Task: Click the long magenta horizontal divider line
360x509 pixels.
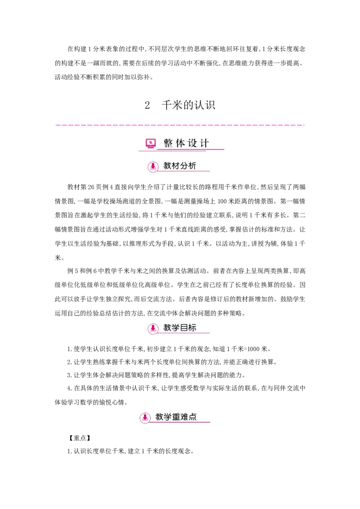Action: (180, 124)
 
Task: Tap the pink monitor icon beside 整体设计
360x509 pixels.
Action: (151, 143)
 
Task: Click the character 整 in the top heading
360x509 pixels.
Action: (168, 143)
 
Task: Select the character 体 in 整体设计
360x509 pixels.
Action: (180, 143)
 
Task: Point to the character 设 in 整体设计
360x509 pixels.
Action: (192, 143)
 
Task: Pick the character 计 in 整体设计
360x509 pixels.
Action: (204, 143)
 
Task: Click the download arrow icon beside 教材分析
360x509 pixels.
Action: (153, 166)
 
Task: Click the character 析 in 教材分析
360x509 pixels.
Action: (192, 166)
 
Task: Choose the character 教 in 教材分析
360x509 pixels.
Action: (167, 166)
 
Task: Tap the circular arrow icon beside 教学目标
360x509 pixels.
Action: (153, 328)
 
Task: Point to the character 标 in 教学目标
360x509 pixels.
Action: (192, 328)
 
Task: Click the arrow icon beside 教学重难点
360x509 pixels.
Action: (145, 417)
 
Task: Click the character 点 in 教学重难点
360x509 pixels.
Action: (193, 417)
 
